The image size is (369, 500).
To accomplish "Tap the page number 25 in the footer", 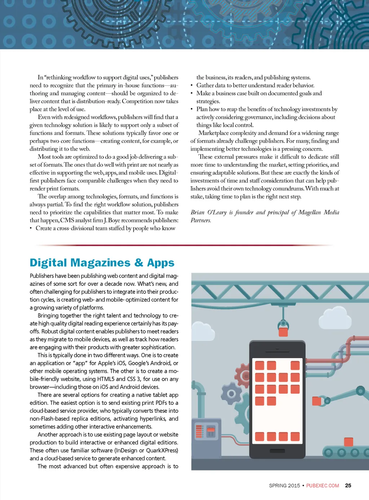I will point(348,486).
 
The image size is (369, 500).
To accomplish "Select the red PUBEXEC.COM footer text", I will point(323,486).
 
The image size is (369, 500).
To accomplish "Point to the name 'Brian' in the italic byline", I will point(197,212).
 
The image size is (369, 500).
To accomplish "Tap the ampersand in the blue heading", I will point(139,262).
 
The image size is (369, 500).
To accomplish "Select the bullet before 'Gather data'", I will point(192,85).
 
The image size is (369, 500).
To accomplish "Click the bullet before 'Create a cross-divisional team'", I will point(31,228).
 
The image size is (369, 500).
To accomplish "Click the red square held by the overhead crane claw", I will point(283,332).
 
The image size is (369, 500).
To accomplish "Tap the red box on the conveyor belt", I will point(348,442).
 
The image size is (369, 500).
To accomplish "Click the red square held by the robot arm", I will point(317,401).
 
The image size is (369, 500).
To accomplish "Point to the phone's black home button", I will point(277,451).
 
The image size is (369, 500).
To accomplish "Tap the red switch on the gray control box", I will point(211,430).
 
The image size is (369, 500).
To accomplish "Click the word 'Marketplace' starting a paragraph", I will point(213,133).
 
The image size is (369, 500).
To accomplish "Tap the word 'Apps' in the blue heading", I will point(161,262).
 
